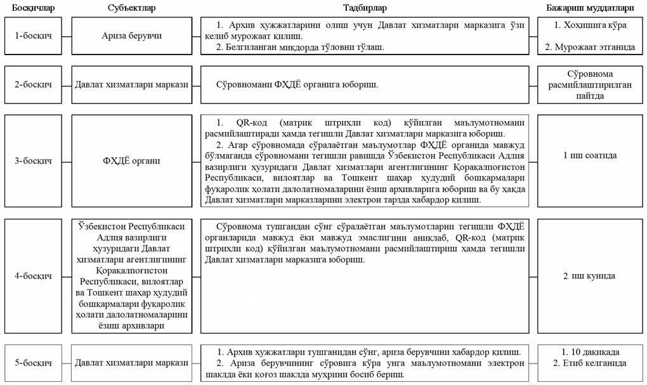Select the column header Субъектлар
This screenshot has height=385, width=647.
132,8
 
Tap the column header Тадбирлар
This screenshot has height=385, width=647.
365,8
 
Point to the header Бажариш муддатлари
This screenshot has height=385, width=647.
591,8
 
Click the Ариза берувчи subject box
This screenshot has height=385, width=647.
132,36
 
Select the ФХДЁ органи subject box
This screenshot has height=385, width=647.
132,160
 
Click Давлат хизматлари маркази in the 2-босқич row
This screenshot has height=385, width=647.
132,84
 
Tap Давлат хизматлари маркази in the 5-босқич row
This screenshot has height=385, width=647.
132,363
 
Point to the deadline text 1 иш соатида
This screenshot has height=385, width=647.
591,155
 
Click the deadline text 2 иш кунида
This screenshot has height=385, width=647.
591,276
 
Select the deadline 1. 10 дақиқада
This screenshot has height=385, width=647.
591,352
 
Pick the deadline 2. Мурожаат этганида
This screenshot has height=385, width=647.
591,47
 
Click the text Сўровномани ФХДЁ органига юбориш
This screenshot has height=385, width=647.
297,84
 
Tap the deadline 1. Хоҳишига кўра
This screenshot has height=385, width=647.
591,26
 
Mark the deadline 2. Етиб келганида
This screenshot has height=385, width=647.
591,363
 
